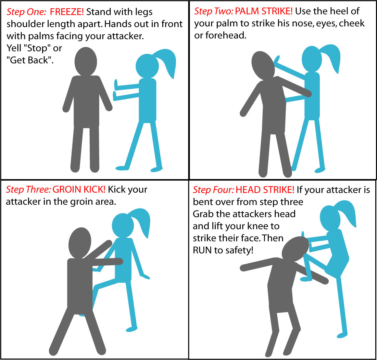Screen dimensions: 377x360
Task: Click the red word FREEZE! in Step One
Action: (67, 12)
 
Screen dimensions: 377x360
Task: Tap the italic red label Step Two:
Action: (214, 11)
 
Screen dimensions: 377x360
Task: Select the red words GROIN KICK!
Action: (79, 189)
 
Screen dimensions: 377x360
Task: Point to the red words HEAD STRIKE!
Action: (265, 190)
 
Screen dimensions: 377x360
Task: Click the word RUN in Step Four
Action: (202, 250)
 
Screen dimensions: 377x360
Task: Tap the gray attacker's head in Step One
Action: (86, 61)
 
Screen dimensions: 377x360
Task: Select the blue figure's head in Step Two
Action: (312, 59)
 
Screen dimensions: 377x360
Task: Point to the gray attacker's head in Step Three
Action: (80, 243)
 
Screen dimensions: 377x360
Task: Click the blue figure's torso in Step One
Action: (148, 100)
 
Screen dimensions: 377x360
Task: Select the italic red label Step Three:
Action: (28, 189)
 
